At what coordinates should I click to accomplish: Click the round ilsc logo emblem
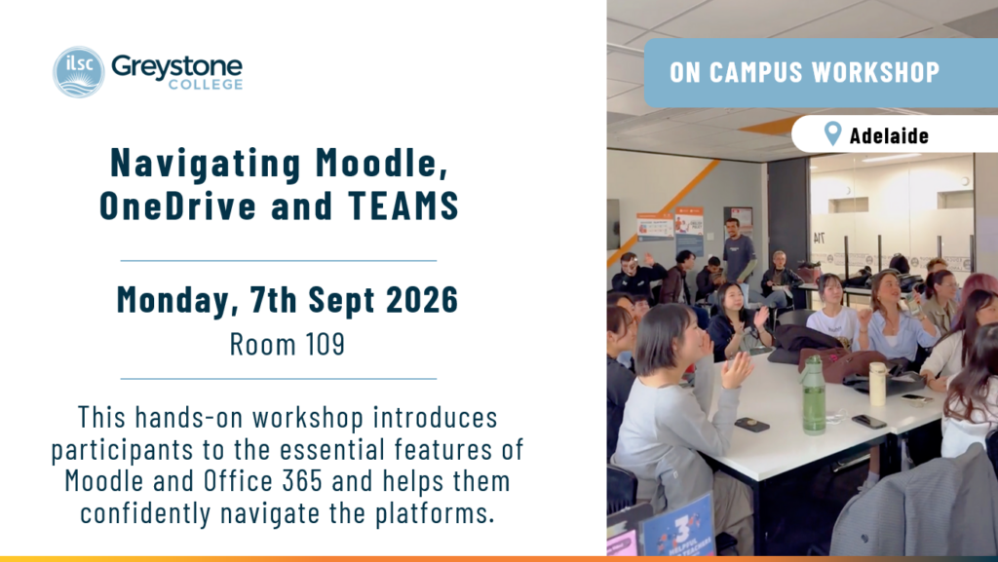[x=78, y=72]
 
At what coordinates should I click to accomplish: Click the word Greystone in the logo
[x=176, y=67]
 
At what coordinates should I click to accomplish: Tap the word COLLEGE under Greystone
[x=206, y=85]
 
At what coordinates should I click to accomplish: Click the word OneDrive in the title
[x=178, y=206]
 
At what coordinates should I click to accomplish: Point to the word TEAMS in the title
[x=403, y=206]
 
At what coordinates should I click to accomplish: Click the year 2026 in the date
[x=422, y=299]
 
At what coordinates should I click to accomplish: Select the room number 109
[x=325, y=344]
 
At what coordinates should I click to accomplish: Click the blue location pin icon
[x=832, y=133]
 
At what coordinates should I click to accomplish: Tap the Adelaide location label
[x=889, y=135]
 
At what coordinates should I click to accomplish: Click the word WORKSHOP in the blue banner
[x=876, y=72]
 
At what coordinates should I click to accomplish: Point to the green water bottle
[x=813, y=394]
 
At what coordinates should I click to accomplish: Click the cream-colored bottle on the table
[x=878, y=384]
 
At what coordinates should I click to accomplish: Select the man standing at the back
[x=739, y=255]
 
